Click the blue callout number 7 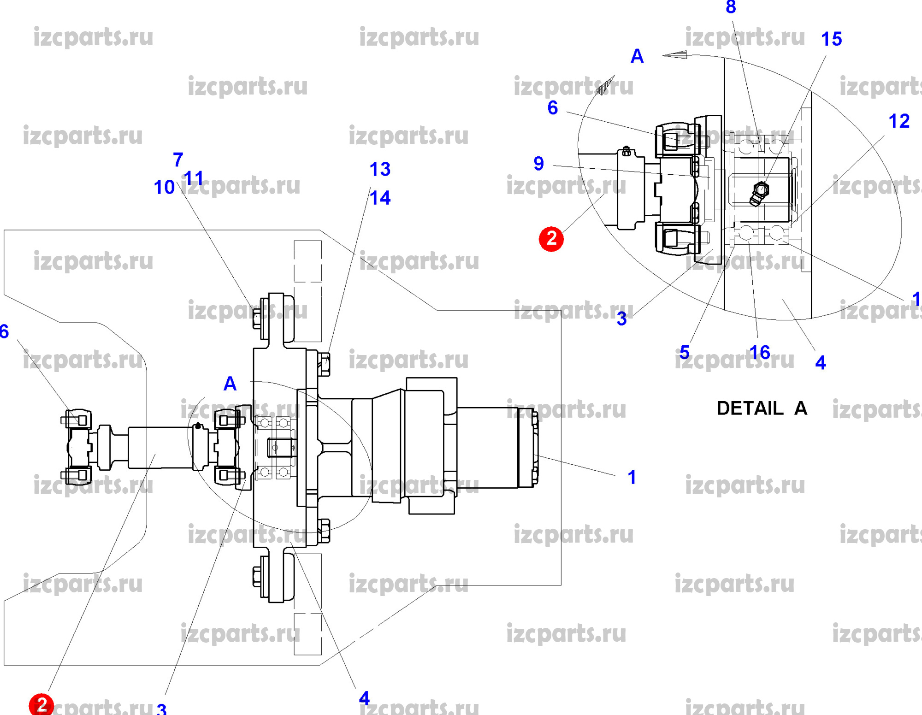(x=178, y=160)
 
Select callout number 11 (x=193, y=178)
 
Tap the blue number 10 (x=164, y=187)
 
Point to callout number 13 (x=380, y=169)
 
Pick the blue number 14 (x=380, y=198)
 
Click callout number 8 (x=731, y=7)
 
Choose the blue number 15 (x=831, y=39)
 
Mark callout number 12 (x=898, y=121)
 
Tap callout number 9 (x=538, y=164)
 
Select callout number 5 (x=684, y=352)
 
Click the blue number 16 (x=759, y=353)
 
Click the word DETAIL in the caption (x=750, y=408)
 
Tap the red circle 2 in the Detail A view (x=551, y=239)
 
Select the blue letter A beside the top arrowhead (x=637, y=56)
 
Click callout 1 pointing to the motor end (x=632, y=477)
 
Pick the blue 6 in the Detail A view (x=552, y=108)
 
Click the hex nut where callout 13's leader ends (x=324, y=364)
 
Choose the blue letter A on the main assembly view (x=230, y=384)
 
